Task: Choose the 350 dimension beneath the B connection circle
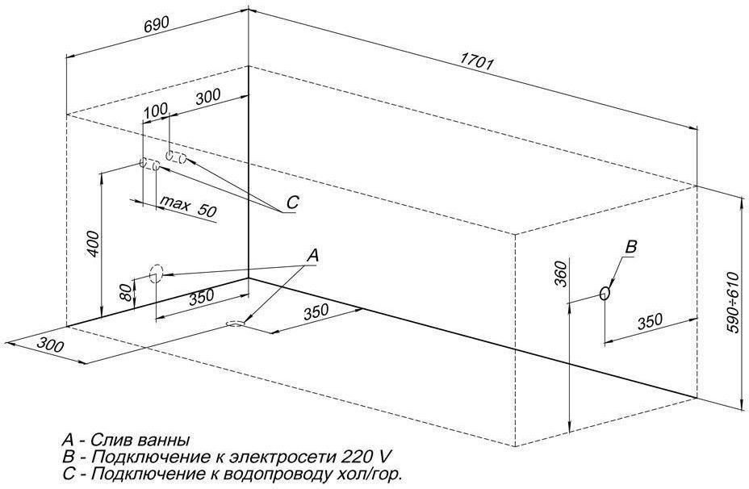pos(650,321)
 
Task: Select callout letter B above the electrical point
pos(632,247)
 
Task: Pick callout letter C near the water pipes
pos(292,203)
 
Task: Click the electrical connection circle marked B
pos(605,295)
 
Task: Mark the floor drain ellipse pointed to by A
pos(235,324)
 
